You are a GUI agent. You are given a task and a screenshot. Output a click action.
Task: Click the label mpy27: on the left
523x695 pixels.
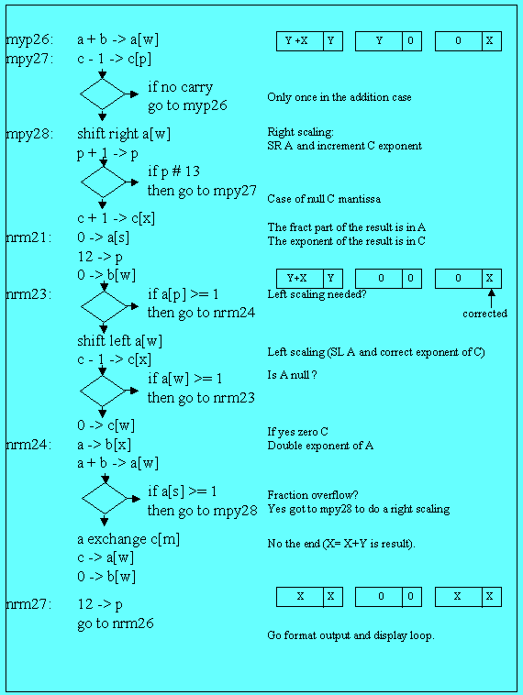[x=29, y=59]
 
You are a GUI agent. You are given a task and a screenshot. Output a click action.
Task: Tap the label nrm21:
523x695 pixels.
[x=28, y=237]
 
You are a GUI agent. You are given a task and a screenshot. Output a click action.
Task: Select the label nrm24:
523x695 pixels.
[x=28, y=445]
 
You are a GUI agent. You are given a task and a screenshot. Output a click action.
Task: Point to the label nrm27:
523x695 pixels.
[x=28, y=604]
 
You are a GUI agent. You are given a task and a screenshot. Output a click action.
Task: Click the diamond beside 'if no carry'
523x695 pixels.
[x=103, y=94]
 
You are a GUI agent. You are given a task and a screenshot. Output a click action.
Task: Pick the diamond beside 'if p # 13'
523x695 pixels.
[x=104, y=182]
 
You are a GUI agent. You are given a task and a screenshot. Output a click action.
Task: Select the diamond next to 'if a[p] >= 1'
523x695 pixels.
[x=104, y=306]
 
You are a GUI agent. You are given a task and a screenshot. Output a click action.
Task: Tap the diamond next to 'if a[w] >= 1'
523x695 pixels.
[x=103, y=391]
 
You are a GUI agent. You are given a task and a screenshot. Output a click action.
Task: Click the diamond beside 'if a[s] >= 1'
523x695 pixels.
[x=105, y=499]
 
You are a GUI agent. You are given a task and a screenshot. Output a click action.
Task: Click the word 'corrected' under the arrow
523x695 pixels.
[x=484, y=314]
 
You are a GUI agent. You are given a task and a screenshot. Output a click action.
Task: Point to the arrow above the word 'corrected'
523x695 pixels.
[x=491, y=298]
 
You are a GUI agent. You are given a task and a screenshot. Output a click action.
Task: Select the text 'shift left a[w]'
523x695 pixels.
[x=120, y=341]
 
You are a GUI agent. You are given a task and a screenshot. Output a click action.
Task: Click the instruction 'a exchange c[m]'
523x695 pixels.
[x=128, y=539]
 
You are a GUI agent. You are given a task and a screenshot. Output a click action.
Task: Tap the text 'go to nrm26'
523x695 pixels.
[x=116, y=623]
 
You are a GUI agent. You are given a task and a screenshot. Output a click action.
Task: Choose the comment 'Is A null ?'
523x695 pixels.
[x=292, y=375]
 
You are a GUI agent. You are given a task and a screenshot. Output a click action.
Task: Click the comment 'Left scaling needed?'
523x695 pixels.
[x=317, y=294]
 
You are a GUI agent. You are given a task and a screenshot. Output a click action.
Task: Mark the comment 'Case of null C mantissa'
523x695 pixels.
[x=324, y=199]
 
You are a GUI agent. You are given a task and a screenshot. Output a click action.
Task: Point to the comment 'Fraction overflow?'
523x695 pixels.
[x=313, y=495]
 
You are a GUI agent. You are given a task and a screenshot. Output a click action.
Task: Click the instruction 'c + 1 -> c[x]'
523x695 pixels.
[x=117, y=218]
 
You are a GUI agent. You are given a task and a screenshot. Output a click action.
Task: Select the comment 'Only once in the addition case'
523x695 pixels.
[x=339, y=97]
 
